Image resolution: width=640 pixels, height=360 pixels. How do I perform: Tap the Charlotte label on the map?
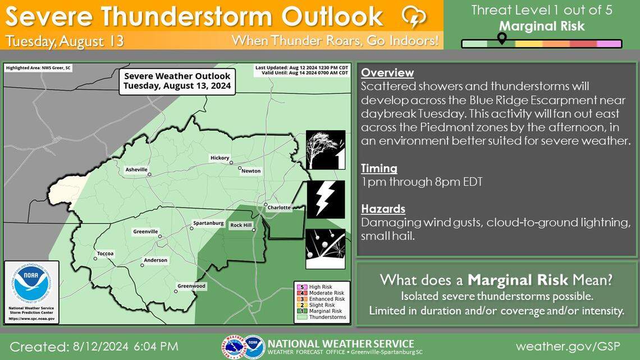tap(278, 207)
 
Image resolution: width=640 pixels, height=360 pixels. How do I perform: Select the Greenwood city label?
tap(191, 286)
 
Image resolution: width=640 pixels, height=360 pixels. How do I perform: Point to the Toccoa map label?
tap(105, 253)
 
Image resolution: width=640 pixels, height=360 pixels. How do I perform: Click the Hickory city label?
tap(220, 158)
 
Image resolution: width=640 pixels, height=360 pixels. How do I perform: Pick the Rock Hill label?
tap(241, 225)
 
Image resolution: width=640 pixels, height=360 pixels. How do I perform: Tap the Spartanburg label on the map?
tap(208, 223)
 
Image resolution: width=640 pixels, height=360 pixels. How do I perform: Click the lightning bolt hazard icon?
tap(326, 199)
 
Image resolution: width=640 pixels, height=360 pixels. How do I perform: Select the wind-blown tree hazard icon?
tap(326, 149)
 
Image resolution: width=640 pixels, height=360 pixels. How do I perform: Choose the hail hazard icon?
tap(326, 249)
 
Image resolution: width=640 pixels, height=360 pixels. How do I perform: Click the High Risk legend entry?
tap(318, 286)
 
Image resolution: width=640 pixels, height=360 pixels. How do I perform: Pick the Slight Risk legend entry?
tap(318, 305)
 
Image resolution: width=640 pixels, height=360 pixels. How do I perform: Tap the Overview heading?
tap(387, 73)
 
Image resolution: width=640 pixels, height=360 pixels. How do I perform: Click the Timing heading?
tap(379, 168)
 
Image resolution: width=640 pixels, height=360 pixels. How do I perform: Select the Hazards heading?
tap(383, 209)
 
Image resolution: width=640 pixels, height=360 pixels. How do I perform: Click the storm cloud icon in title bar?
tap(414, 17)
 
